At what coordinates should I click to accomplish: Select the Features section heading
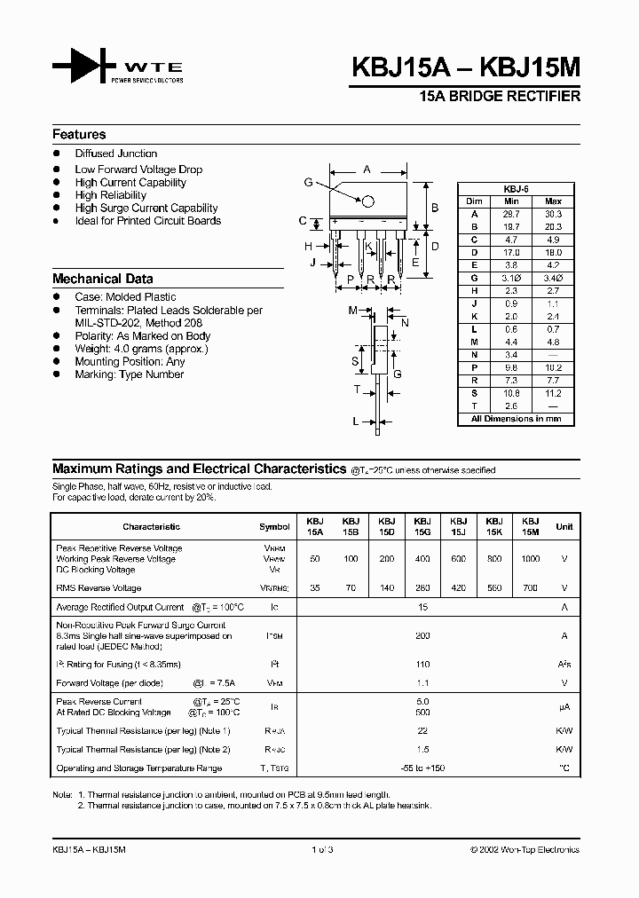click(x=79, y=135)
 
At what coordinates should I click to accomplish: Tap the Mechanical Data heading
click(x=102, y=279)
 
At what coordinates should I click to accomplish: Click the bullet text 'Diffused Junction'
click(x=116, y=154)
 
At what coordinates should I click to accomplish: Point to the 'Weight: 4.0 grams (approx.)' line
click(x=141, y=349)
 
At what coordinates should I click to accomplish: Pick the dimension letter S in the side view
click(x=355, y=361)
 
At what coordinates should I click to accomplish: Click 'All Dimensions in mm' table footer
click(x=516, y=417)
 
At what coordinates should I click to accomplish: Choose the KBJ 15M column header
click(x=531, y=526)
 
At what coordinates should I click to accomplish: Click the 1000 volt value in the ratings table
click(x=530, y=559)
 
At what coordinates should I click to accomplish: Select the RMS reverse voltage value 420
click(x=458, y=588)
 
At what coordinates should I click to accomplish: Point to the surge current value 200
click(x=422, y=635)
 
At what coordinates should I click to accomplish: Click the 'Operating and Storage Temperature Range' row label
click(x=138, y=768)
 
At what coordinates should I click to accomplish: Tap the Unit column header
click(x=564, y=526)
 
